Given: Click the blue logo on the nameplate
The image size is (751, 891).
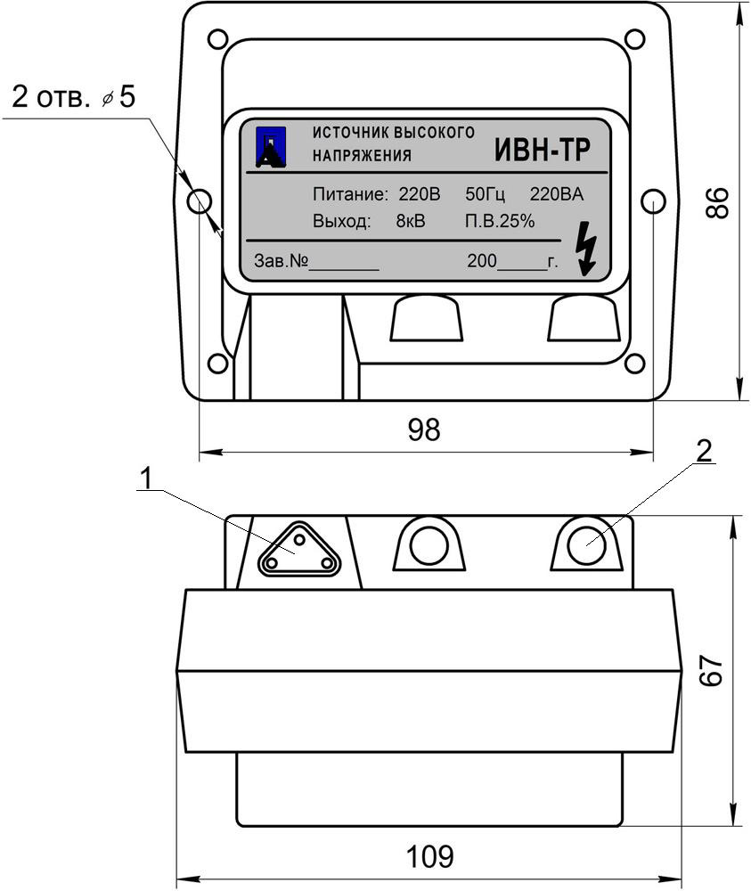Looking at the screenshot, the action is tap(271, 146).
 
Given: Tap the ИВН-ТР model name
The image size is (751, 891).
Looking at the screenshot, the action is tap(542, 150).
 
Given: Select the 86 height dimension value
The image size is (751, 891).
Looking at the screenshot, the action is tap(717, 202).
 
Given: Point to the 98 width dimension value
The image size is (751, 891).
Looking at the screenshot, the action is tap(424, 429).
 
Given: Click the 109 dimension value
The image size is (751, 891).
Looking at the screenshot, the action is tap(429, 856).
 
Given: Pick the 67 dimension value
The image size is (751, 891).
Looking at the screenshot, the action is tap(712, 671).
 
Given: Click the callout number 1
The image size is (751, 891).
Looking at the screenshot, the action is tap(147, 479).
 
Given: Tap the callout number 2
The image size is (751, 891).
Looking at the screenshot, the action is tap(703, 451).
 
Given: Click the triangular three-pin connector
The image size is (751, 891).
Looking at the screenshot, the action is tap(299, 550).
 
